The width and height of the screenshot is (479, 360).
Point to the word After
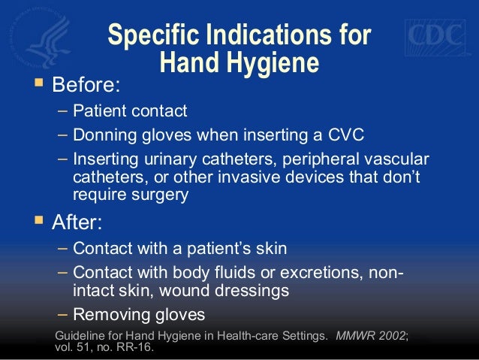point(75,223)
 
